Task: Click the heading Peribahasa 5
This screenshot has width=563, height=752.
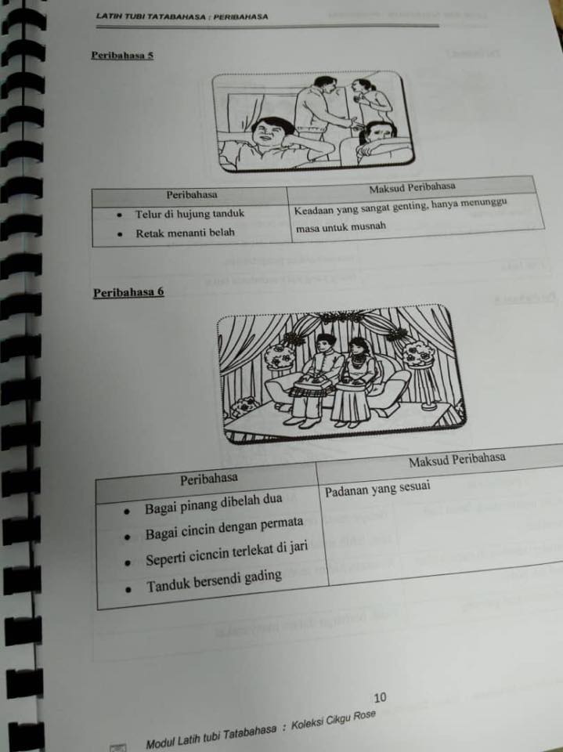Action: [122, 55]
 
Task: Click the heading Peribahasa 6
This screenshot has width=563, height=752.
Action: [128, 292]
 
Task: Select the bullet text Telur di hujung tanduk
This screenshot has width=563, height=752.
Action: [190, 213]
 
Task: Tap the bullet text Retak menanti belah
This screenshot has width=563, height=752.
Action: [185, 233]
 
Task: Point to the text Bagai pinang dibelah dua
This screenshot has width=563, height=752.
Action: [214, 504]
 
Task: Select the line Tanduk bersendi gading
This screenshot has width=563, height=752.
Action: [215, 580]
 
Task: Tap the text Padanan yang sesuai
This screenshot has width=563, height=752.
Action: [377, 489]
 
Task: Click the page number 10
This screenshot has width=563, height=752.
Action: [380, 697]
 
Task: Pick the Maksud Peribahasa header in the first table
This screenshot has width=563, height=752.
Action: [412, 187]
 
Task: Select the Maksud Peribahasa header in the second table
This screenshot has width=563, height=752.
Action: [457, 459]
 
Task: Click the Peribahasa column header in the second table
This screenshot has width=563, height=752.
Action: [208, 479]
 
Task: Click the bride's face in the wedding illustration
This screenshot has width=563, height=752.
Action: [358, 348]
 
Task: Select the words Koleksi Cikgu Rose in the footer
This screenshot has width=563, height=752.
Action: [334, 721]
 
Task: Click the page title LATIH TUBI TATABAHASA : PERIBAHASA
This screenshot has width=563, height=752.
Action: [182, 16]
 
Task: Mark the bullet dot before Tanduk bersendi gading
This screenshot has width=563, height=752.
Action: [128, 589]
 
